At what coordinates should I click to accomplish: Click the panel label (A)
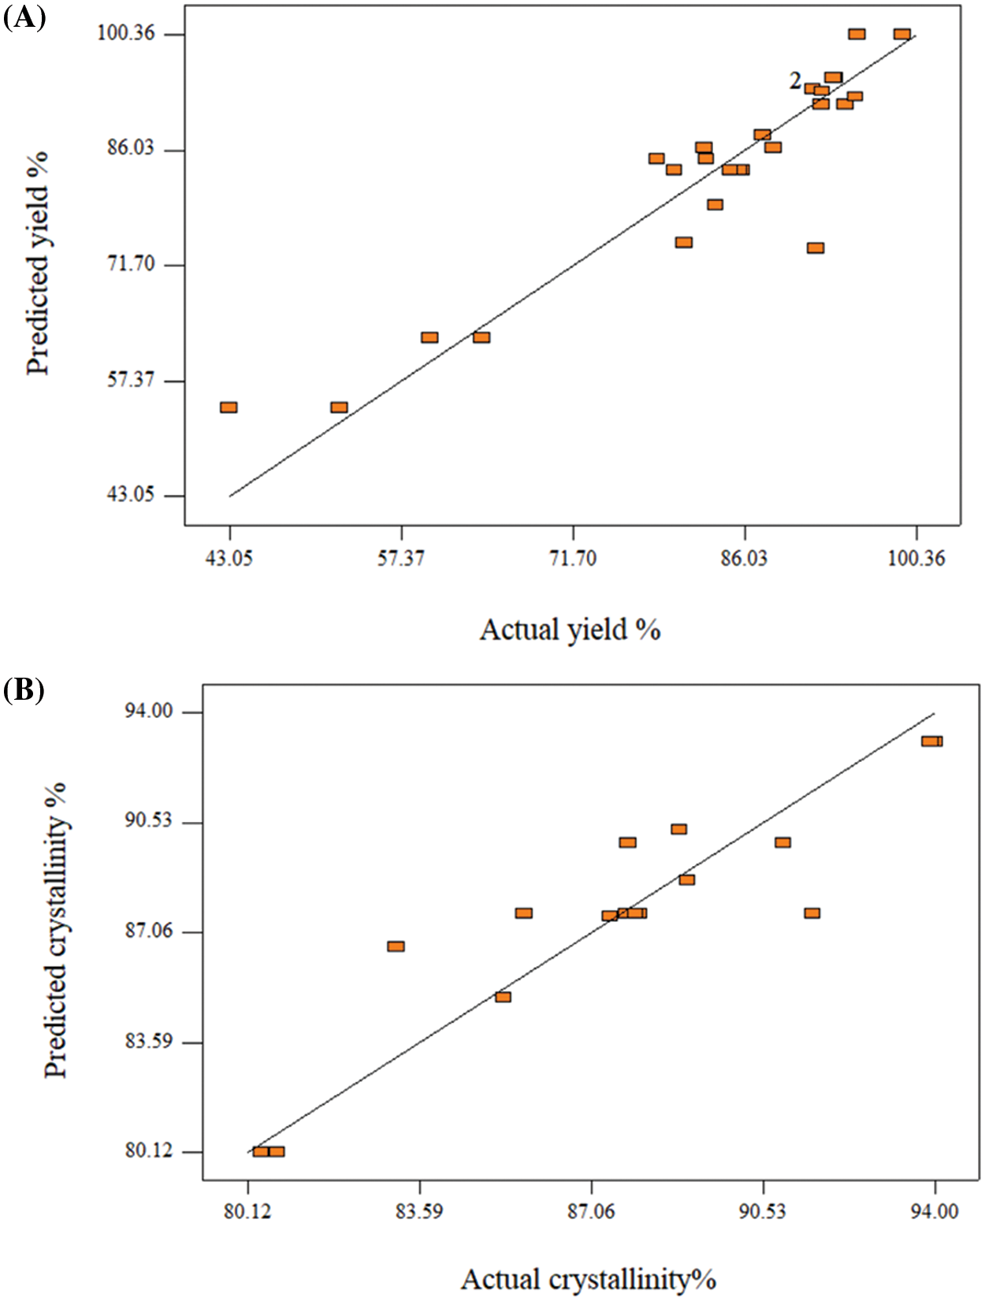[24, 17]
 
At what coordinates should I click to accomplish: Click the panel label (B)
[24, 690]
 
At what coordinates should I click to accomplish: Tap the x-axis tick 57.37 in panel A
[401, 559]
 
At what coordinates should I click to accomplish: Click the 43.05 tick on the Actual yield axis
[229, 559]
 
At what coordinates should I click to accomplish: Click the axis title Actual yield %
[570, 630]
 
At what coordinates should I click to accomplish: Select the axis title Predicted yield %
[37, 264]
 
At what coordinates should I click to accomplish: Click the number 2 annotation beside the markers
[796, 80]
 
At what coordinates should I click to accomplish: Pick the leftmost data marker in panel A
[229, 407]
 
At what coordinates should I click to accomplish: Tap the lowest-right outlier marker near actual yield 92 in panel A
[816, 248]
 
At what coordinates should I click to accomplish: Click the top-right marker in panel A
[902, 34]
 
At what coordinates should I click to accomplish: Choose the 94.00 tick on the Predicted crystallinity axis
[148, 712]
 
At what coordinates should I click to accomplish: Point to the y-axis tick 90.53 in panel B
[148, 822]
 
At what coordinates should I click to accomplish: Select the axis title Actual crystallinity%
[588, 1279]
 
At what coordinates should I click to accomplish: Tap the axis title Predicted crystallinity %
[56, 930]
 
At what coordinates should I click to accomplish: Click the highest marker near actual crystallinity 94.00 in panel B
[932, 741]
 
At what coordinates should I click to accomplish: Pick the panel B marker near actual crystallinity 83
[396, 946]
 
